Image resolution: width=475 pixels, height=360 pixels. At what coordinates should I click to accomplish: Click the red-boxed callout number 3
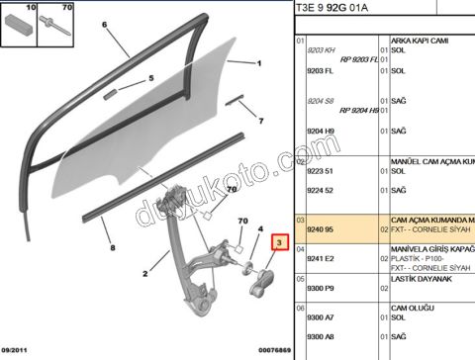coord(280,242)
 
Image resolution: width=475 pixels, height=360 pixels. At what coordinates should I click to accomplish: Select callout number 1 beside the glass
coord(258,65)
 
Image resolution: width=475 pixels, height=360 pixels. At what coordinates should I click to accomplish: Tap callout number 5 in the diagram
coord(151,78)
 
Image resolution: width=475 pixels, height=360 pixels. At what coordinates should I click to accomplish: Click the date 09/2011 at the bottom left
coord(18,351)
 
